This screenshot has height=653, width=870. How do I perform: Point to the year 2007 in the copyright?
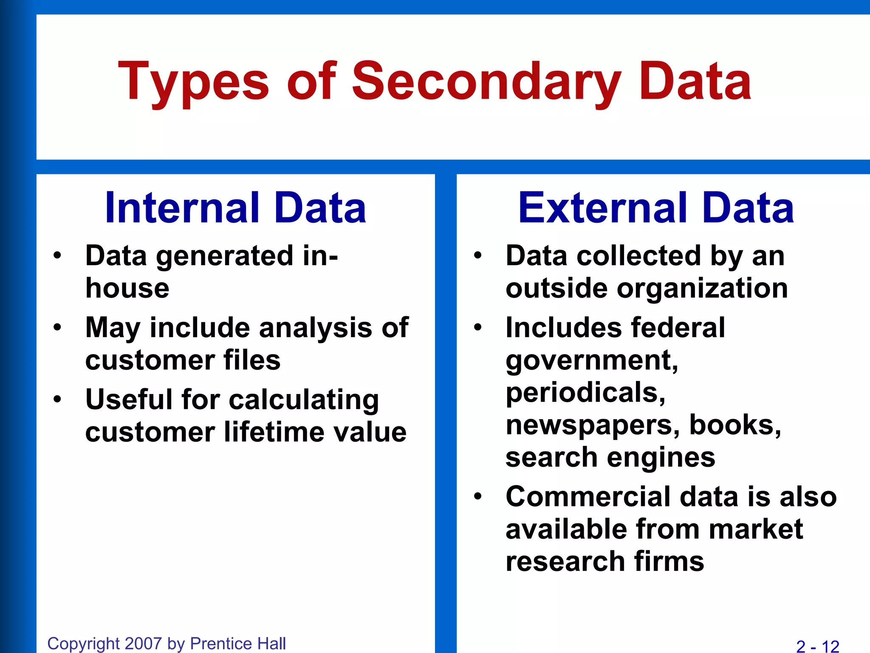pyautogui.click(x=144, y=644)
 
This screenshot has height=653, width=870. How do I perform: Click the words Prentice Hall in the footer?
pyautogui.click(x=238, y=644)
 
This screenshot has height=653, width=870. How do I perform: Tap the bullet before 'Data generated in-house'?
pyautogui.click(x=57, y=256)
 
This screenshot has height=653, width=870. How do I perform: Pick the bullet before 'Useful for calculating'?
pyautogui.click(x=57, y=400)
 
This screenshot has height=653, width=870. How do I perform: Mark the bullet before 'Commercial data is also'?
pyautogui.click(x=478, y=497)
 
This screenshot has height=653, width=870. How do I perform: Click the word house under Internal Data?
pyautogui.click(x=127, y=288)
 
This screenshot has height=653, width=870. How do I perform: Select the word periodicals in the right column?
pyautogui.click(x=585, y=392)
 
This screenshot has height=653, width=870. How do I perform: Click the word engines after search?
pyautogui.click(x=661, y=457)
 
